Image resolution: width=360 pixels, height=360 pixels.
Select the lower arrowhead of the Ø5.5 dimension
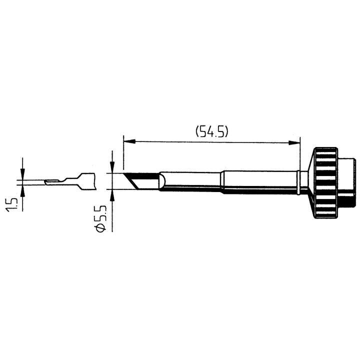pos(112,194)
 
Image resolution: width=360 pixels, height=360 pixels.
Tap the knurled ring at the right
pos(326,182)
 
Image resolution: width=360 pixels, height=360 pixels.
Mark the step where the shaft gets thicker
pos(222,181)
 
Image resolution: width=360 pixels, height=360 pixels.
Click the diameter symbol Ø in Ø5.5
pos(100,226)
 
